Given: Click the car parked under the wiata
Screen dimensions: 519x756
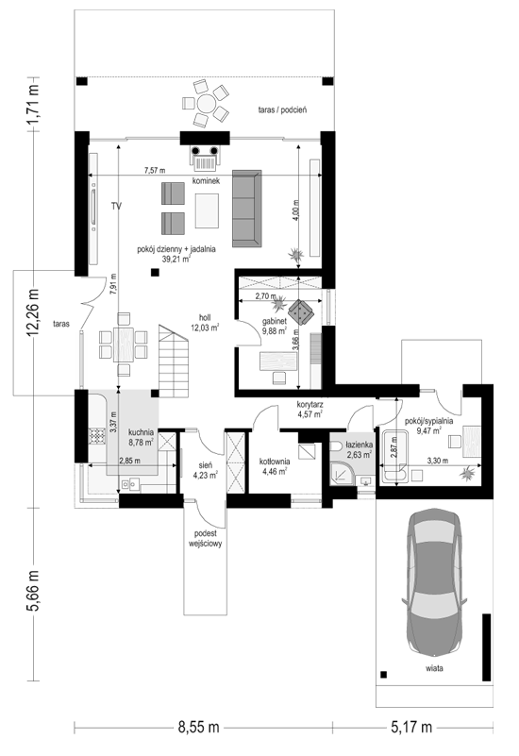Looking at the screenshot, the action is click(434, 581).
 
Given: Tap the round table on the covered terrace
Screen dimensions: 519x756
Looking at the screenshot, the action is click(206, 104).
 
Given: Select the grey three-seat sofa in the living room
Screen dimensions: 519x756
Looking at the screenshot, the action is click(246, 209).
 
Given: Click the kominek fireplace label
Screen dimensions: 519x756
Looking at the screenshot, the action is click(207, 181).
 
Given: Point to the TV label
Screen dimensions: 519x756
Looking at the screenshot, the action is click(116, 207).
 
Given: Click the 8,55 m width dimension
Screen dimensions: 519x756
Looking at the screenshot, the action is click(198, 727).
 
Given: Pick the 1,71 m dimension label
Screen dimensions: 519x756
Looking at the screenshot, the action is click(34, 105).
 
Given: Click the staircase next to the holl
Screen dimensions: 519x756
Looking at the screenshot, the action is click(174, 361).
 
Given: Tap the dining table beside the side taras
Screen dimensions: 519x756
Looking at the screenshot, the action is click(124, 344).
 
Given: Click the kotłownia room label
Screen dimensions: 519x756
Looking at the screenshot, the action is click(275, 466).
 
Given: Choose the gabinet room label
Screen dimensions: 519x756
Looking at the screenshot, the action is click(275, 326).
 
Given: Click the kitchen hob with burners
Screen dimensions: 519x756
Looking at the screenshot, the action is click(97, 436).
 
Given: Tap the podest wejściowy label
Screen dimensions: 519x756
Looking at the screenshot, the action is click(205, 539).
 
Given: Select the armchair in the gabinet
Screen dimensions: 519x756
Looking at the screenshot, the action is click(301, 312).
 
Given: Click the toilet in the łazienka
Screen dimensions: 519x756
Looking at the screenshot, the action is click(337, 446).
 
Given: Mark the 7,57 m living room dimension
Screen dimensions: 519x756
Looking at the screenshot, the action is click(155, 170).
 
